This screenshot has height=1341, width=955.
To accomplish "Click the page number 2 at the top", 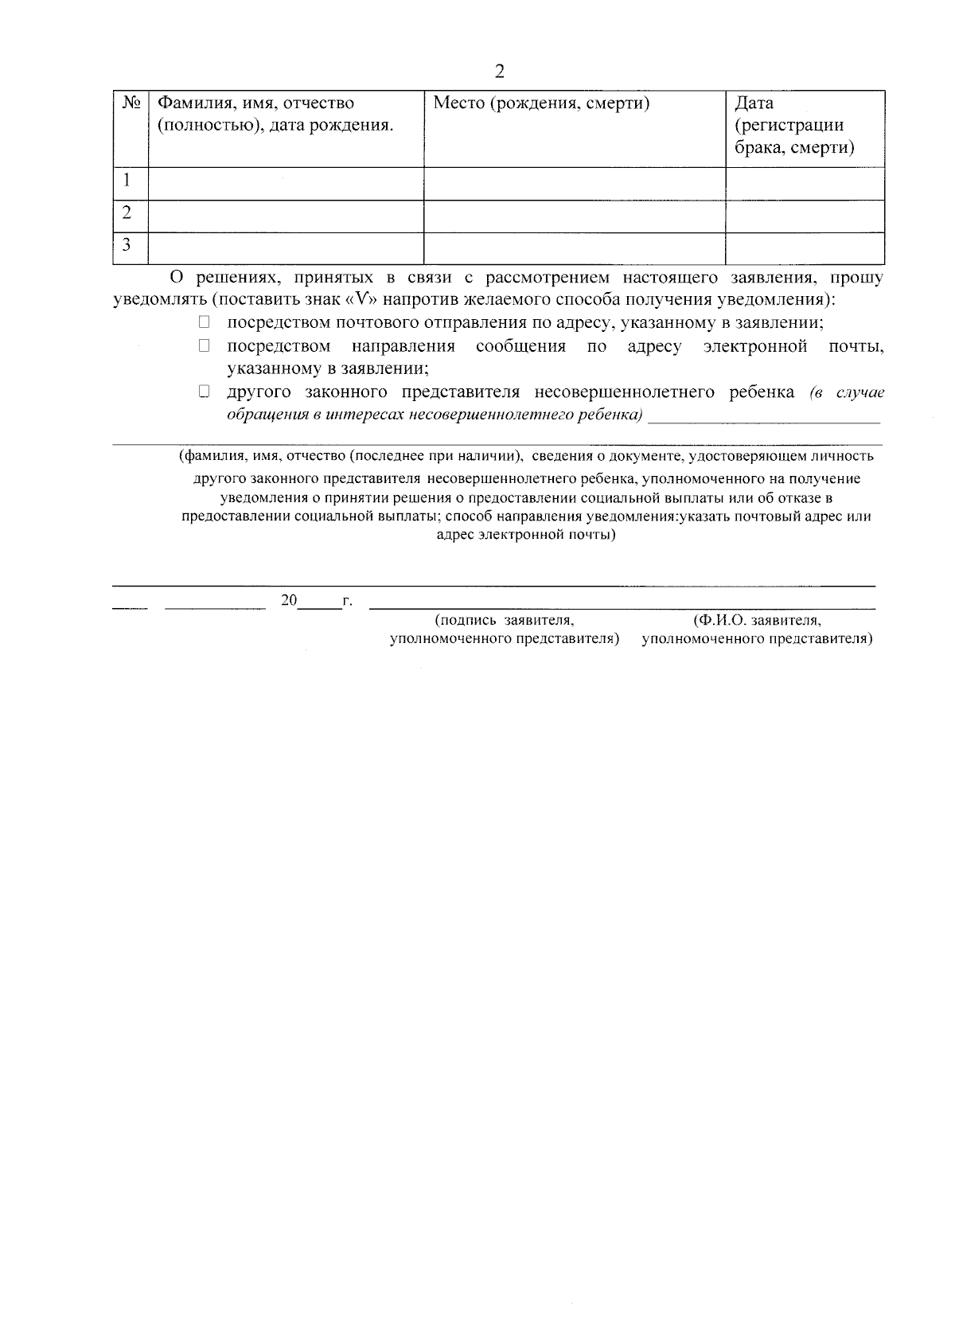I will pos(499,72).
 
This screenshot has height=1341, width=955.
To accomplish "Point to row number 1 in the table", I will pos(126,181).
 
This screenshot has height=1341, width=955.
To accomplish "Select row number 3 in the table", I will pos(127,245).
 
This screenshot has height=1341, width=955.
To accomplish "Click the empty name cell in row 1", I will pos(286,183).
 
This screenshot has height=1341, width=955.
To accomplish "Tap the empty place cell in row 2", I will pos(574,216).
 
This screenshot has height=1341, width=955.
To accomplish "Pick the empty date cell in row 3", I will pos(805,248).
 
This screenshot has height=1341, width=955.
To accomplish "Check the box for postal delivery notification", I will pos(204,322).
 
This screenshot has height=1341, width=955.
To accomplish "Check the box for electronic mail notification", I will pos(204,345).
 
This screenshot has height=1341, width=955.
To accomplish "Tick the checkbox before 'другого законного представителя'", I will pos(204,392).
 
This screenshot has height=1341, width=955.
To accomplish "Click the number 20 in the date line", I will pos(288,600).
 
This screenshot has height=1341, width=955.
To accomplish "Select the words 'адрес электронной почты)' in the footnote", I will pos(526,535).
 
